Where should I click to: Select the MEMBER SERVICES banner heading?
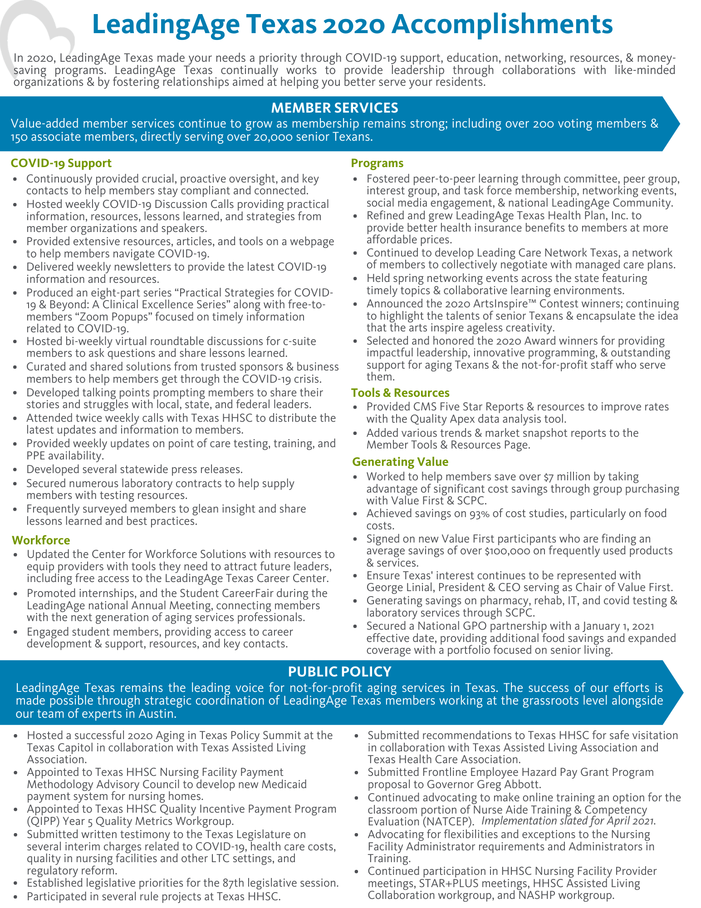[x=334, y=108]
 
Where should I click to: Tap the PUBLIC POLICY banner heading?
[x=339, y=671]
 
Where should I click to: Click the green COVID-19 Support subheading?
[x=61, y=163]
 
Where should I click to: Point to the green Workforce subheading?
[x=41, y=540]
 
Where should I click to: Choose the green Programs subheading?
[x=377, y=163]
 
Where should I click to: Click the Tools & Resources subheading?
[x=400, y=393]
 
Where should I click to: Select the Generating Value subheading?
[x=400, y=462]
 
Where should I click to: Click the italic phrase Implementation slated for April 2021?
[x=568, y=821]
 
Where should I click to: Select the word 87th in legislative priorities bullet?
[x=223, y=883]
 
